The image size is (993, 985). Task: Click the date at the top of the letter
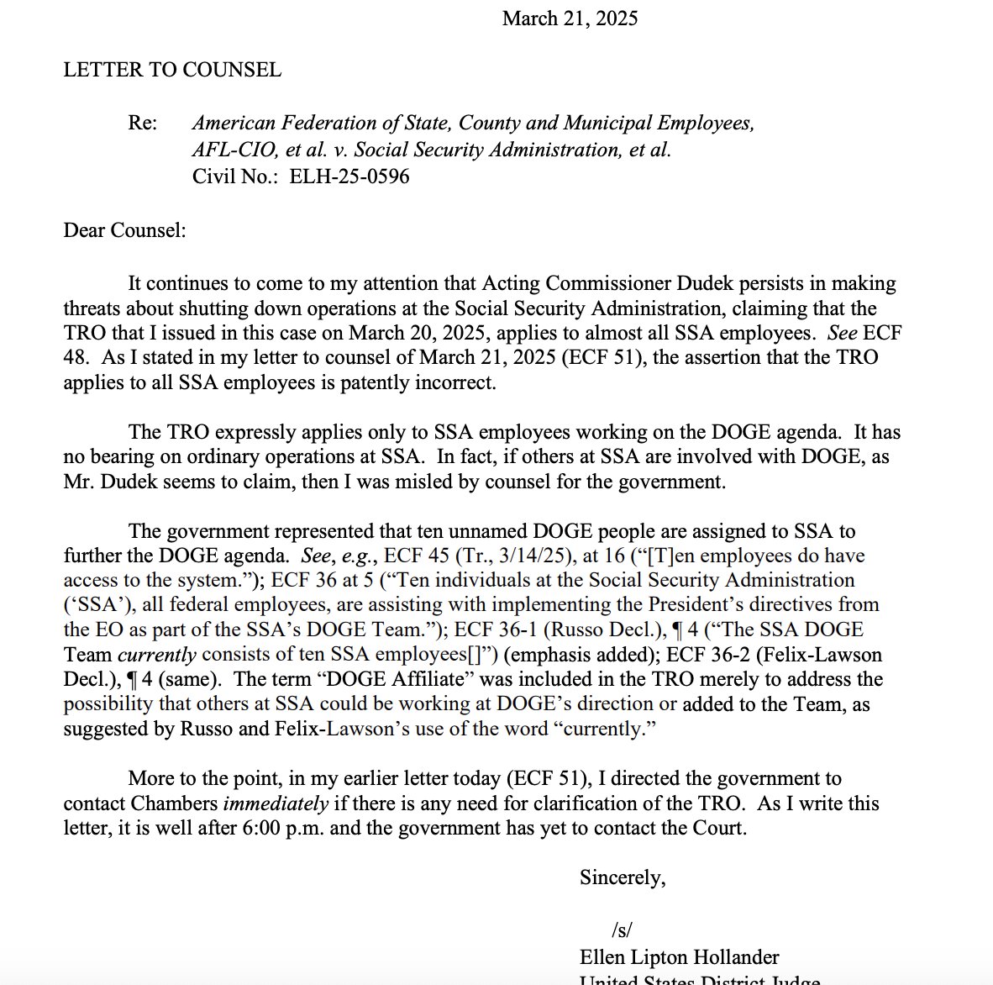tap(570, 18)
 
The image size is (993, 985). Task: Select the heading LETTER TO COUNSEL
tap(172, 70)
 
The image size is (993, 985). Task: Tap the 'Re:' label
tap(142, 123)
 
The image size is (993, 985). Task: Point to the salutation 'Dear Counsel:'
tap(124, 229)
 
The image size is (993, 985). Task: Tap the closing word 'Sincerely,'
tap(623, 877)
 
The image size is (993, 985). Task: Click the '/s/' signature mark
tap(622, 930)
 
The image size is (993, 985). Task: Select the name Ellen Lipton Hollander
tap(679, 956)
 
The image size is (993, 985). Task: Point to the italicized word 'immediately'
tap(276, 803)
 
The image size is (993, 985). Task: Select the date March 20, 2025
tap(407, 333)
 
